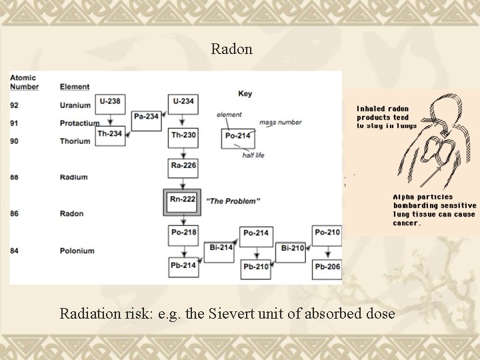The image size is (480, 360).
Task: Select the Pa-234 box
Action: (147, 117)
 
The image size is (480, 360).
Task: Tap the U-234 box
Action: (183, 102)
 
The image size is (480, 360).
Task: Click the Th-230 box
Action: (183, 135)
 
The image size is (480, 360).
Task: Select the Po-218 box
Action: (183, 233)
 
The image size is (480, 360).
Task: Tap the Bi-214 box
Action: (220, 248)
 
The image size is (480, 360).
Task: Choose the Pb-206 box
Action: (327, 267)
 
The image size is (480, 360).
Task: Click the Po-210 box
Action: (327, 233)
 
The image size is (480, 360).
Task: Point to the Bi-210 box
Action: (293, 248)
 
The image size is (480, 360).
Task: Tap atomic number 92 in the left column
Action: (15, 105)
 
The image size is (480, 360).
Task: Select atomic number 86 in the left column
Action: (15, 213)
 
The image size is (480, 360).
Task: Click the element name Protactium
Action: (79, 123)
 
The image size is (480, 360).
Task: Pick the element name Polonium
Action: (77, 251)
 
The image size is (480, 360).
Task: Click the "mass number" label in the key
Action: (280, 122)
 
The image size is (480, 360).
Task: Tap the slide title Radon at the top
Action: (231, 49)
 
